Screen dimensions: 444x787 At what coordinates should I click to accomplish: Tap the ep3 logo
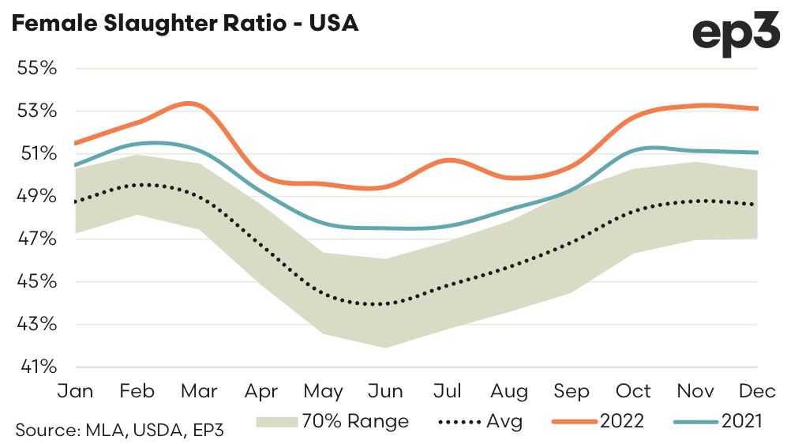[x=734, y=35]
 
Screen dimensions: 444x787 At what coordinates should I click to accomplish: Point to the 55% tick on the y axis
[x=37, y=68]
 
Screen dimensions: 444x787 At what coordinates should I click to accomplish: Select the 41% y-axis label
[x=37, y=367]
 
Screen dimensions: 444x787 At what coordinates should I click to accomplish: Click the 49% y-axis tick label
[x=37, y=196]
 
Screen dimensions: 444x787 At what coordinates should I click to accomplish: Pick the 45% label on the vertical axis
[x=37, y=282]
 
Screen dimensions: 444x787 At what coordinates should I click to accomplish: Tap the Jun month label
[x=385, y=391]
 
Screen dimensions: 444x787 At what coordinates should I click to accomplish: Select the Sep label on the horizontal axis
[x=572, y=391]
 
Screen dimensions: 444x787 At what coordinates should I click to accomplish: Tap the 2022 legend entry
[x=600, y=421]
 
